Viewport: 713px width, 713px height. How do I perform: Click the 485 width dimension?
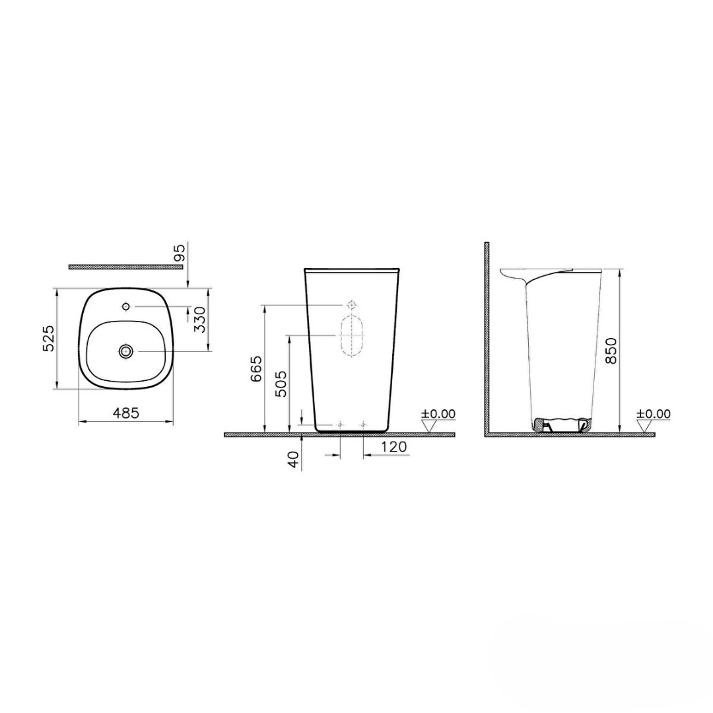coord(125,413)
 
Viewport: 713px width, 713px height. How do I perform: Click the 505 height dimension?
coord(281,383)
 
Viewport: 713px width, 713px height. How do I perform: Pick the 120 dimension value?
coord(393,447)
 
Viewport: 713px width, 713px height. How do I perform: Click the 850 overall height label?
coord(611,351)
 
